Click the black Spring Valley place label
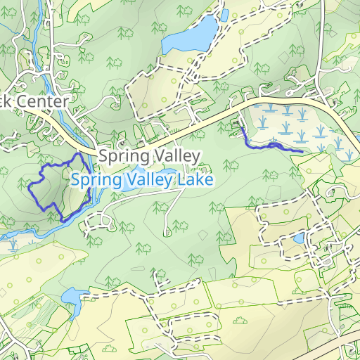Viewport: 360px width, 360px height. [x=150, y=155]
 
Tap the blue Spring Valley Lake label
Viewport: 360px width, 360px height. [x=142, y=180]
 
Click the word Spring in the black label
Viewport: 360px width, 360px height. [x=121, y=156]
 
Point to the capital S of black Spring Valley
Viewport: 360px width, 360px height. [x=104, y=155]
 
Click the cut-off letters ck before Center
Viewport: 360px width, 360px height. [x=6, y=101]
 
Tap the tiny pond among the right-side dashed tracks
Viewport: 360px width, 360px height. [x=299, y=238]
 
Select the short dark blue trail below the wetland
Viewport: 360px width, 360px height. [x=271, y=146]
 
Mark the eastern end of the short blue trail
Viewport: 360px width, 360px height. [x=302, y=151]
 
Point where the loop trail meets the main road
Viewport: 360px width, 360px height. [x=77, y=153]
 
